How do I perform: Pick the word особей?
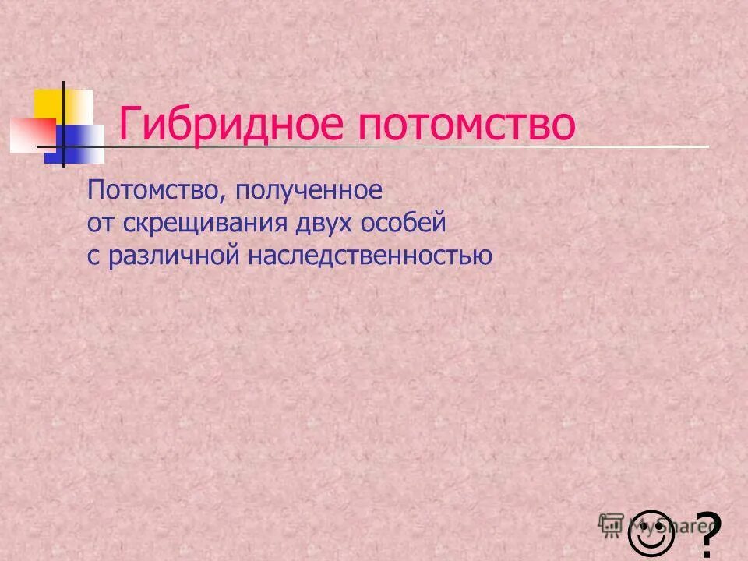click(404, 224)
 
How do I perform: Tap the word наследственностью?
click(370, 256)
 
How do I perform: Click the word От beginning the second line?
click(101, 224)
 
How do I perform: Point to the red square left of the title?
click(31, 135)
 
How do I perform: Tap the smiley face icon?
click(651, 532)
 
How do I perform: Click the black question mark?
click(707, 535)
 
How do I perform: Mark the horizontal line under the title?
click(467, 146)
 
